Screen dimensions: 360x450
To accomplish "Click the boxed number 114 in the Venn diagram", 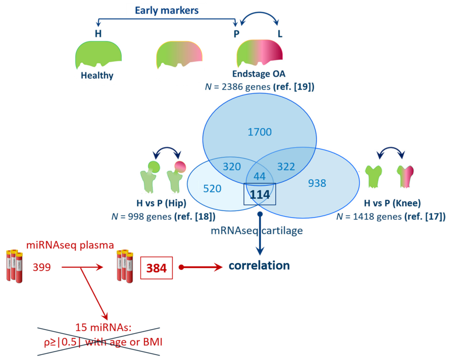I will point(260,194).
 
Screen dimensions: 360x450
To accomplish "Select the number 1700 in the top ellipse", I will point(259,132).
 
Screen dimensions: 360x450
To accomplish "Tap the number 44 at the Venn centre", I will point(259,176).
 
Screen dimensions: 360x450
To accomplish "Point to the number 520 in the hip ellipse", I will point(212,189).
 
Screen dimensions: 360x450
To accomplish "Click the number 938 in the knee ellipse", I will point(317,183).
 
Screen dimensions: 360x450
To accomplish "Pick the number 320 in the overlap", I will point(232,167).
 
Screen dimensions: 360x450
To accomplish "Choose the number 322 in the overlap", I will point(286,167).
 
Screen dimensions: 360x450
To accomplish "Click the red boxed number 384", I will point(157,268).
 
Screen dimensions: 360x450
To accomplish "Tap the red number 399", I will point(42,267).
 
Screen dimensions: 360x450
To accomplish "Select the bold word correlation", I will point(259,265).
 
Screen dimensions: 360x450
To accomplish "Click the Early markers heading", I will point(167,10).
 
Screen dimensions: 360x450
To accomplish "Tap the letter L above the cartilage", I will point(280,34).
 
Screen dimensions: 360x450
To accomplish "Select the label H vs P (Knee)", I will point(392,203).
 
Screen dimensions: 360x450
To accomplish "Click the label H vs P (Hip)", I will point(161,203).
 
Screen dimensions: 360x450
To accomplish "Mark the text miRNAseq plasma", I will point(70,245).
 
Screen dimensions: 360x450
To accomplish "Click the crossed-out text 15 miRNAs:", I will point(103,327).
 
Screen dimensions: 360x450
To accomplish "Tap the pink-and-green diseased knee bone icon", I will point(406,176).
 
